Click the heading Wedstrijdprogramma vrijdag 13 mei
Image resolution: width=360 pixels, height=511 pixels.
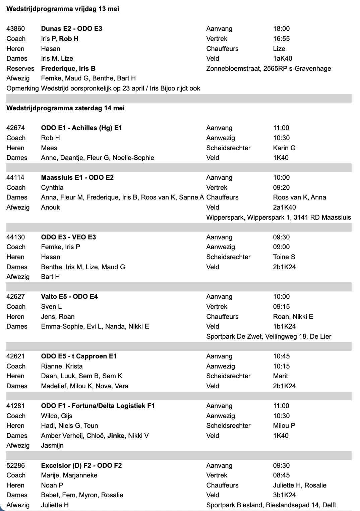click(x=63, y=9)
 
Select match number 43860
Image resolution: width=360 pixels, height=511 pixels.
click(x=15, y=29)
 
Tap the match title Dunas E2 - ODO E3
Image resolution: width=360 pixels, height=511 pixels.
click(x=71, y=29)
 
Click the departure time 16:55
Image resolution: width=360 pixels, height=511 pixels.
click(x=281, y=39)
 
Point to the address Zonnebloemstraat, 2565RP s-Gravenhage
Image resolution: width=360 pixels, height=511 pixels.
click(x=268, y=69)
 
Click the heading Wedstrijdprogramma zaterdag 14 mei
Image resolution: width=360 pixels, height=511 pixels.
click(x=65, y=108)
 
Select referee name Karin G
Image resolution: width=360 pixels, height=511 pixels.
click(x=284, y=148)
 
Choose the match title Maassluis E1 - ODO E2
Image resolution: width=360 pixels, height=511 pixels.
click(x=77, y=178)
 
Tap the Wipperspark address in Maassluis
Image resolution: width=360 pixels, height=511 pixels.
click(x=279, y=217)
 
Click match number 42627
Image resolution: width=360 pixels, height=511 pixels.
click(x=15, y=297)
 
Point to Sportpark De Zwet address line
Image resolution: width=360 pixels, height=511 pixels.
click(x=268, y=336)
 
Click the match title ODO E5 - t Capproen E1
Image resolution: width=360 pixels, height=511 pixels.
click(x=79, y=356)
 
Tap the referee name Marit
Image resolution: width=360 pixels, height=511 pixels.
click(x=280, y=376)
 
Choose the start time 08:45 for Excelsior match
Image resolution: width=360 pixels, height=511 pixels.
click(x=281, y=475)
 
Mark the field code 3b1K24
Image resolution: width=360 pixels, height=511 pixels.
click(x=284, y=495)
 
